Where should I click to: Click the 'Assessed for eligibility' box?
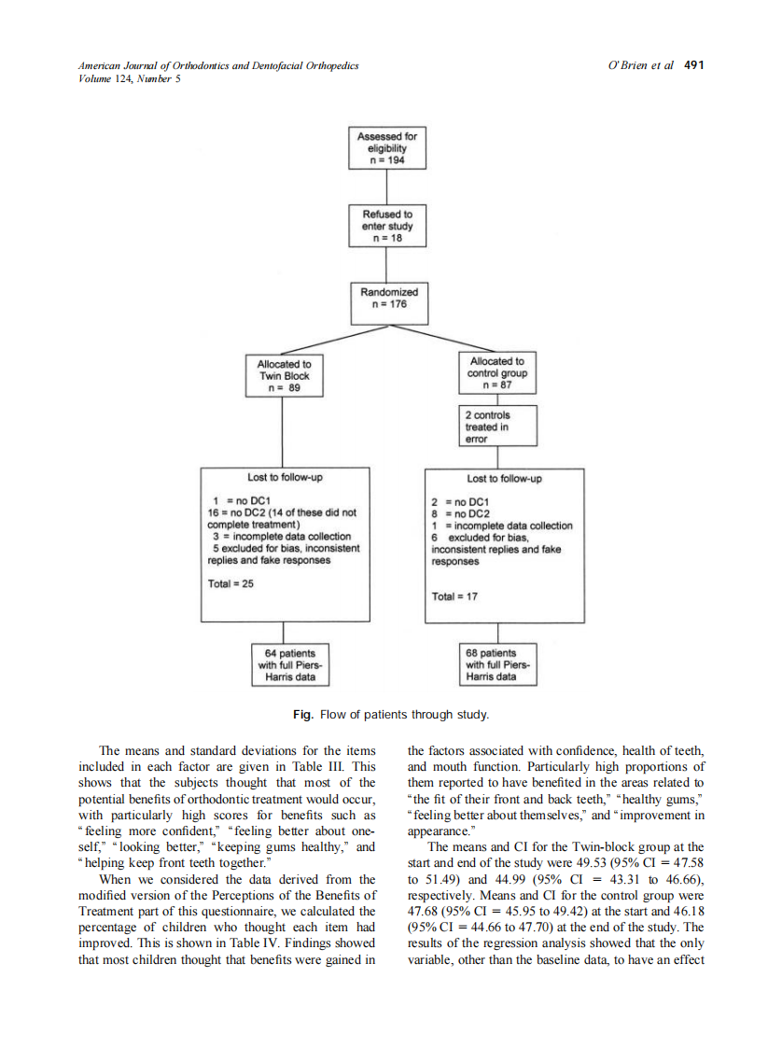click(x=389, y=148)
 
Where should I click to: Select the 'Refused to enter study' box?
click(x=389, y=227)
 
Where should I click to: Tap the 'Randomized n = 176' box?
click(x=389, y=298)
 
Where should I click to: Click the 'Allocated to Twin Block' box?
click(x=284, y=376)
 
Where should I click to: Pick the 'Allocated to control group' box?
click(x=497, y=372)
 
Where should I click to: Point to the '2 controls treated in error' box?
click(x=497, y=426)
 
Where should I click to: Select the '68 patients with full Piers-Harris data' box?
click(x=497, y=665)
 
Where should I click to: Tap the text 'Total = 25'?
click(x=230, y=583)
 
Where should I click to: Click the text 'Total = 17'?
click(x=454, y=596)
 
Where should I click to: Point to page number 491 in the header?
click(x=693, y=65)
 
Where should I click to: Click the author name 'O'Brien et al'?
click(x=640, y=65)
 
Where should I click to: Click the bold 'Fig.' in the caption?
click(x=302, y=714)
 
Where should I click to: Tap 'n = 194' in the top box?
click(x=389, y=160)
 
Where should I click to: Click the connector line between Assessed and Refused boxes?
click(x=389, y=188)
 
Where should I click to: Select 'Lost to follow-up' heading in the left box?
click(x=286, y=477)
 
